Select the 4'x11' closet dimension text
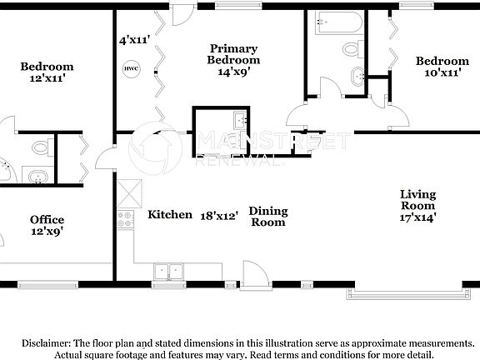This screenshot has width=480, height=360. pos(133,39)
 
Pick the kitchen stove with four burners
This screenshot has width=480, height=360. pos(126,219)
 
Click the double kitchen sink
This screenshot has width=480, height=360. pos(169,271)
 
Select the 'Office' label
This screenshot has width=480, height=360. pos(47,219)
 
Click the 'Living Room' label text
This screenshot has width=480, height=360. pos(417,200)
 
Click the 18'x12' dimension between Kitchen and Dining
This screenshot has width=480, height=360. pos(219,214)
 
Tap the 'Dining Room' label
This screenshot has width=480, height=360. pos(267,217)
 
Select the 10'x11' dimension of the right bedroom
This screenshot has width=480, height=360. pos(442,72)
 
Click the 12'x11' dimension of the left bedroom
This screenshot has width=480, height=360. pos(47,78)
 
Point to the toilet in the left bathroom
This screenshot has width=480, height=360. pos(40,148)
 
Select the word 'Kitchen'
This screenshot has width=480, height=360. pos(170,214)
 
